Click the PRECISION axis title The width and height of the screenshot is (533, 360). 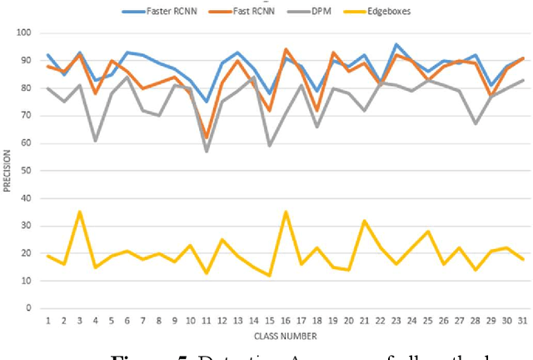pyautogui.click(x=7, y=171)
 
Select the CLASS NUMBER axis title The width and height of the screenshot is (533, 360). pyautogui.click(x=286, y=336)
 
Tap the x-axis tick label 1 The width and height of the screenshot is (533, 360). pyautogui.click(x=48, y=321)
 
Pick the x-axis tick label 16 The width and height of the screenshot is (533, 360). pyautogui.click(x=286, y=321)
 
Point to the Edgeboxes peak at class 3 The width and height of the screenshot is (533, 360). pyautogui.click(x=80, y=212)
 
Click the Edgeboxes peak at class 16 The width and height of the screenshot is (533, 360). pyautogui.click(x=286, y=212)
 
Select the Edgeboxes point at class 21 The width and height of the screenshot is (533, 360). pyautogui.click(x=365, y=221)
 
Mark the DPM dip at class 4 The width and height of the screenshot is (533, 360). pyautogui.click(x=96, y=141)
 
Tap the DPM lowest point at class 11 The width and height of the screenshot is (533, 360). pyautogui.click(x=207, y=152)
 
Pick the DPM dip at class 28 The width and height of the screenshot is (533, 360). pyautogui.click(x=475, y=124)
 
